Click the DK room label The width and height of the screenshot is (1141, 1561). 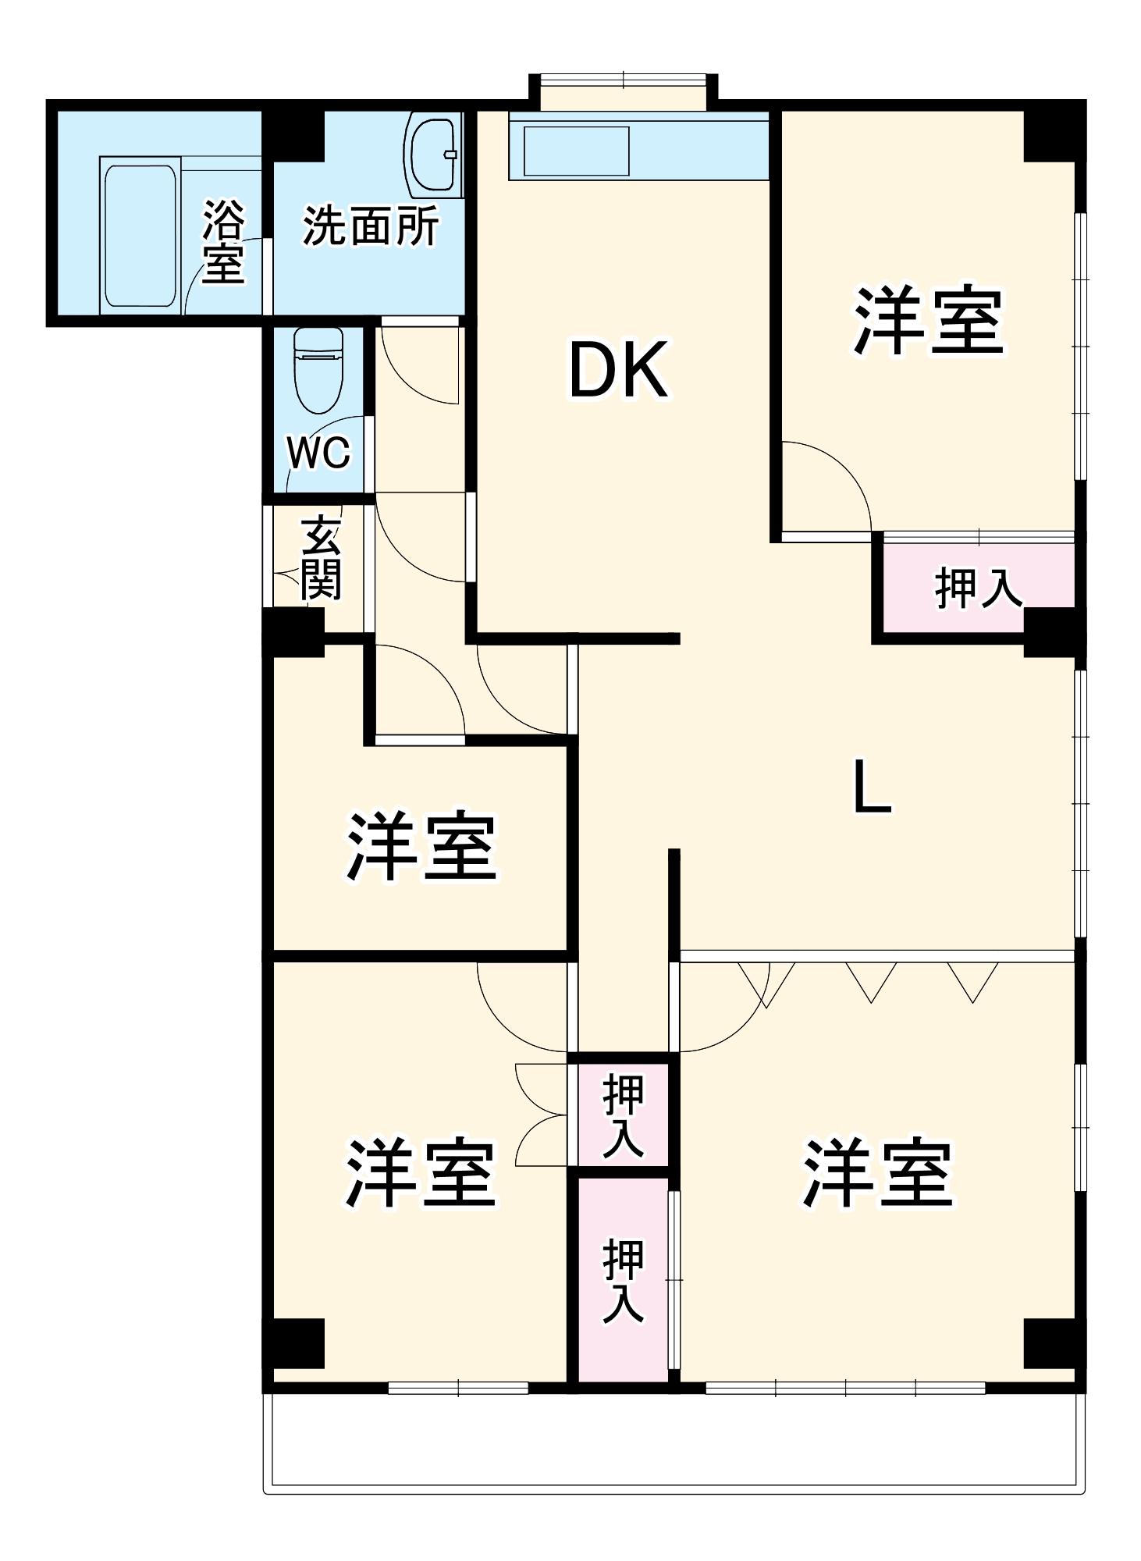point(618,370)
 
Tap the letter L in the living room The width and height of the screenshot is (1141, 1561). point(871,786)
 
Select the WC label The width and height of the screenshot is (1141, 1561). point(318,453)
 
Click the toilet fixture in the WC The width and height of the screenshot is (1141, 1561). point(318,369)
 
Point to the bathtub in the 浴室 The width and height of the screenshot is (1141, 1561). point(140,235)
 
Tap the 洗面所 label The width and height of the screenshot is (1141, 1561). point(370,226)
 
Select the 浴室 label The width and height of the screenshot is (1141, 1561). point(224,242)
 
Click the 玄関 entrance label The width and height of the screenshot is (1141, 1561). point(321,557)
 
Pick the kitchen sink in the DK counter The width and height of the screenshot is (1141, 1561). point(576,151)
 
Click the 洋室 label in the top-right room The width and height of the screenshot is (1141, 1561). point(928,322)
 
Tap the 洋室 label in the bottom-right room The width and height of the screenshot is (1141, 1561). point(878,1174)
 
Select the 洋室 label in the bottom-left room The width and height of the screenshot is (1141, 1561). point(421,1174)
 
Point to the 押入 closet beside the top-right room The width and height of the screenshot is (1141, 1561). point(978,587)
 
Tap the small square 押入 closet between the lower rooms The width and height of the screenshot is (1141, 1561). point(623,1115)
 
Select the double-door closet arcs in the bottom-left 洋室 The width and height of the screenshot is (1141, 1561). point(540,1115)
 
